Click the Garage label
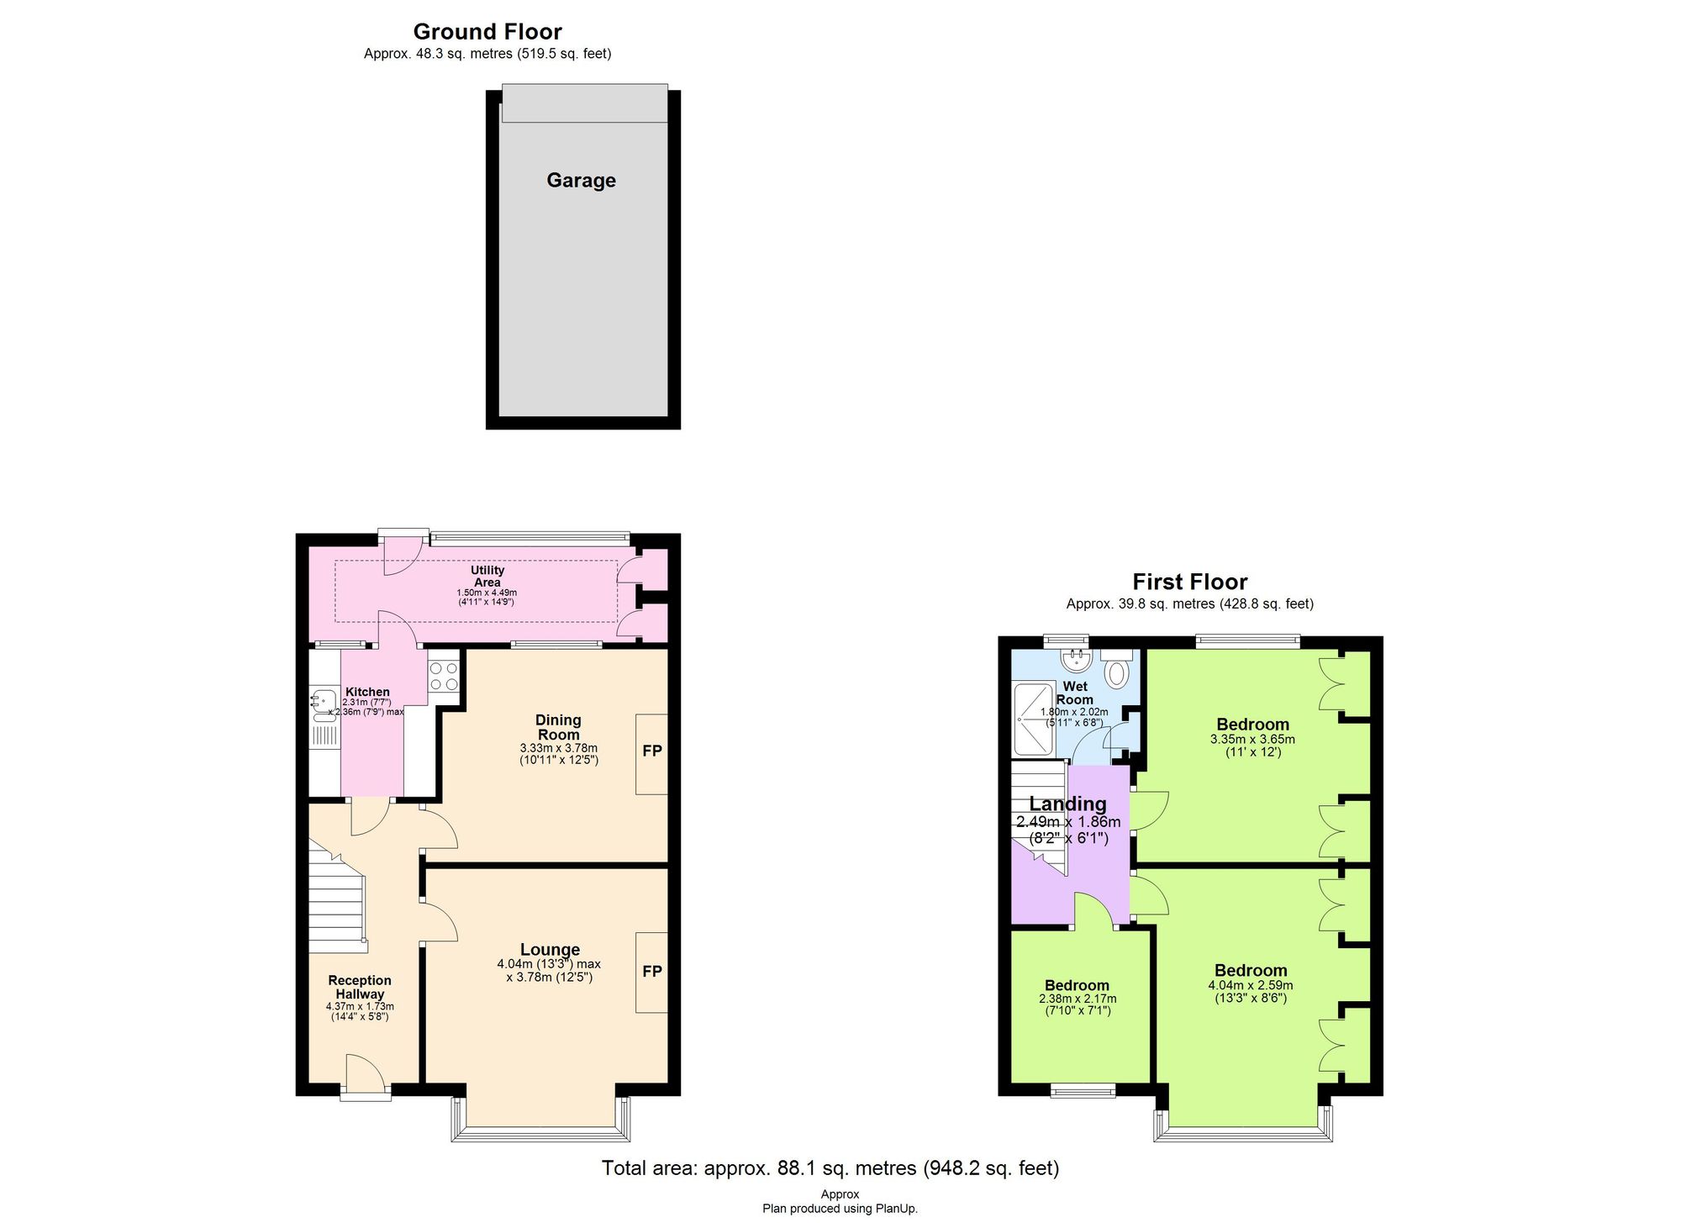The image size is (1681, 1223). (x=581, y=181)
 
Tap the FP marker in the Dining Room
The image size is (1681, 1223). (x=652, y=751)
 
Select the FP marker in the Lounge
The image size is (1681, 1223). (x=652, y=972)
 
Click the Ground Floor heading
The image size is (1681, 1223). (x=487, y=32)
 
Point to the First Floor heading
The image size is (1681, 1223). (x=1189, y=582)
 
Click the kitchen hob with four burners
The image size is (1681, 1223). (x=444, y=677)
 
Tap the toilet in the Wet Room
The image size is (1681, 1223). (x=1116, y=672)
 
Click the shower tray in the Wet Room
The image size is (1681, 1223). (x=1033, y=719)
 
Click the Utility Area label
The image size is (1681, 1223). (x=487, y=577)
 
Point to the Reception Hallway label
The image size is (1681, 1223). (x=360, y=987)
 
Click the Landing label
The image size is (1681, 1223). (x=1067, y=804)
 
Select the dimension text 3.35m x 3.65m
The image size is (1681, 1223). (x=1252, y=740)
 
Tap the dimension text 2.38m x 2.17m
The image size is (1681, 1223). (x=1077, y=999)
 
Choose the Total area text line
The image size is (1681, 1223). (x=830, y=1168)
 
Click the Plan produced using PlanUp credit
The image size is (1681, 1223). (x=840, y=1209)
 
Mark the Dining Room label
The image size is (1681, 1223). (x=558, y=727)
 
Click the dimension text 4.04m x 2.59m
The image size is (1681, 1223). (x=1251, y=986)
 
